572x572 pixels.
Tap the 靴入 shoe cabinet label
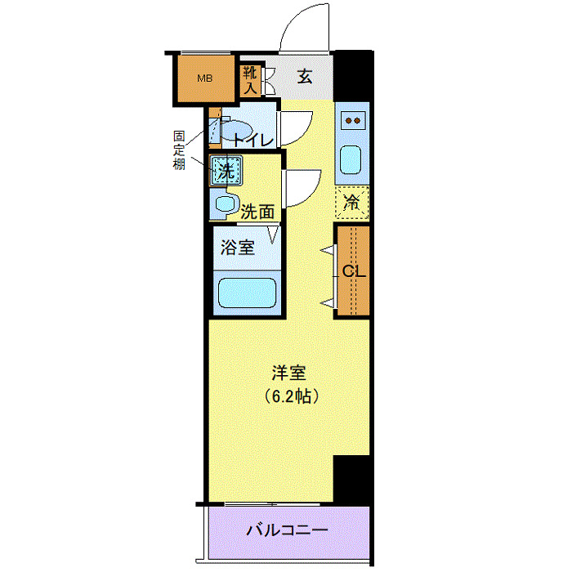250,78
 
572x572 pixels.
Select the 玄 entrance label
304,78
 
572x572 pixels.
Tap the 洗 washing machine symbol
225,172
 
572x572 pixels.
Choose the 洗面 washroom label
257,211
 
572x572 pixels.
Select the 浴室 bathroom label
239,248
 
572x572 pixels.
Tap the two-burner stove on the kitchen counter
354,121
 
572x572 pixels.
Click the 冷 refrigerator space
352,202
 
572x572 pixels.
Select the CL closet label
353,271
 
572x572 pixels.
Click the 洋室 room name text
288,373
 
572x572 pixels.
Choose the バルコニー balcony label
287,530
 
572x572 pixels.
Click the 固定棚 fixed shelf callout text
178,150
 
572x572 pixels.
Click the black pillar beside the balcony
352,480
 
